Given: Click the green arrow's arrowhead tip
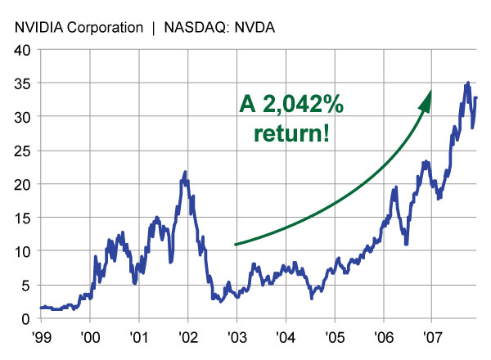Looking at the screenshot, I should tap(430, 91).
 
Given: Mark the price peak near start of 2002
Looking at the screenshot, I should tap(186, 172).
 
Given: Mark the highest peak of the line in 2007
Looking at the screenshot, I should tap(467, 83).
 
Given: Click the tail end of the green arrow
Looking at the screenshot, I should tap(236, 244).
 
